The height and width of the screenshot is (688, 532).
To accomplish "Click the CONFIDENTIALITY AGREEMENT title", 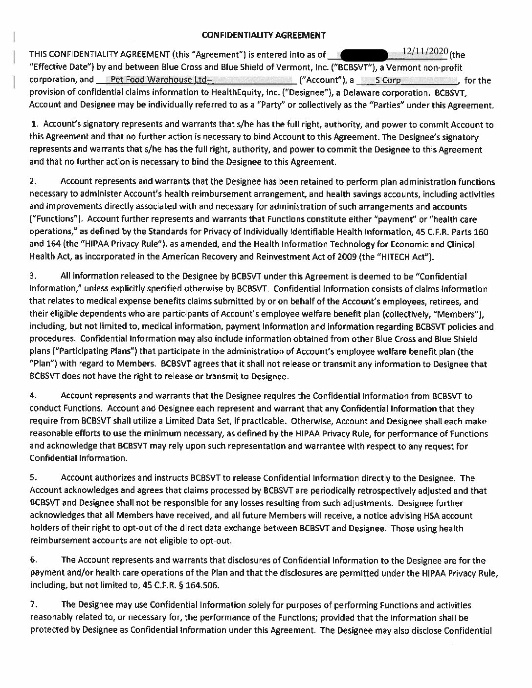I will pyautogui.click(x=264, y=35).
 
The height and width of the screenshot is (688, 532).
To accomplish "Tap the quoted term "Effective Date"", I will pyautogui.click(x=60, y=67).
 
